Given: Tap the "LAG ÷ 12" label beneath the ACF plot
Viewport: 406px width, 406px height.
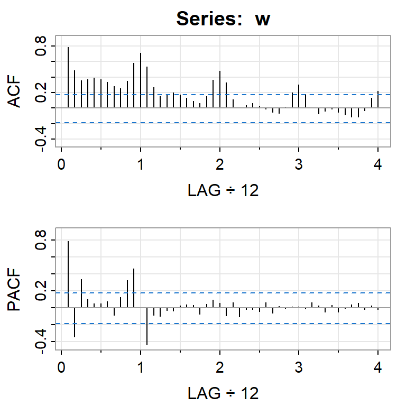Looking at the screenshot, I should [223, 190].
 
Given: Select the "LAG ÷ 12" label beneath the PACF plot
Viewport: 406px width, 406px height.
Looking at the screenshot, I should [223, 393].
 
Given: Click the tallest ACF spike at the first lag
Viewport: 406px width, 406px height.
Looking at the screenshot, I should [68, 77].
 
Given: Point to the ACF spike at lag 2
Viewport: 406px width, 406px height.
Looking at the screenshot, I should [220, 89].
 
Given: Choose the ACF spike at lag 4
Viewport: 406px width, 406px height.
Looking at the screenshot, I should [378, 99].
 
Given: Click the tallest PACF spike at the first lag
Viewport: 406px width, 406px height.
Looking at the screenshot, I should [68, 274].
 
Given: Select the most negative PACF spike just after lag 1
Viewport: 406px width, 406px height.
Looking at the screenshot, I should [147, 326].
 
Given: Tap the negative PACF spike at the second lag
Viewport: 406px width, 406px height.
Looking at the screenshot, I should [75, 322].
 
